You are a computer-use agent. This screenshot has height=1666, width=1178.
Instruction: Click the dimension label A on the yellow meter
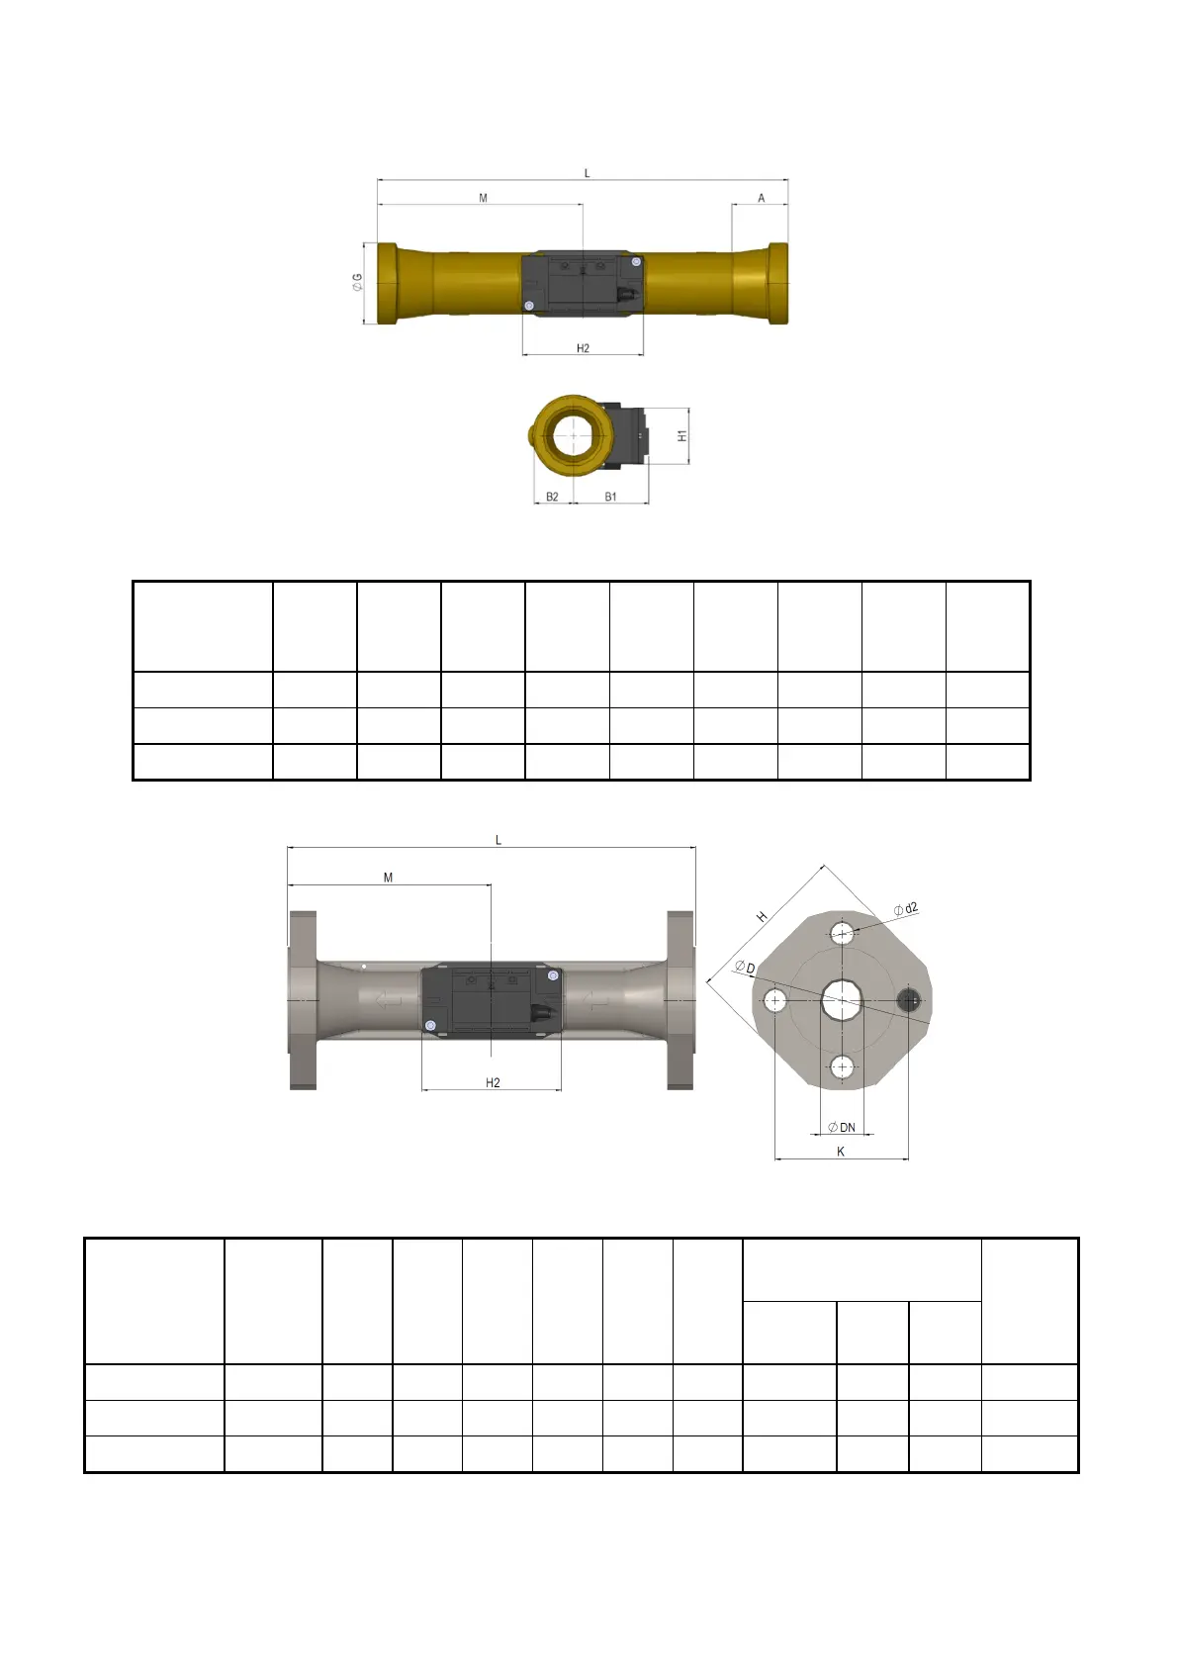click(761, 198)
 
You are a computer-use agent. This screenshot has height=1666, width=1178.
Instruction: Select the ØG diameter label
click(358, 282)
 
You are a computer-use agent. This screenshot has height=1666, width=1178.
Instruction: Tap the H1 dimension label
click(682, 436)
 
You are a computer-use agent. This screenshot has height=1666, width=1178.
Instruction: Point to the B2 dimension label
click(552, 497)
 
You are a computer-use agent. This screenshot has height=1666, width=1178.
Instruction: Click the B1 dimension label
click(610, 497)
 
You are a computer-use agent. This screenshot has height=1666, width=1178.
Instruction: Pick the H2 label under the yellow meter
click(583, 348)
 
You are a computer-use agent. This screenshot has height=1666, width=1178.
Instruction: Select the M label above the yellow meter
click(483, 198)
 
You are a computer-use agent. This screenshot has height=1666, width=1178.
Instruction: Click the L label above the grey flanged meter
click(498, 840)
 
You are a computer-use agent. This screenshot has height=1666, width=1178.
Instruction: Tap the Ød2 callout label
click(906, 909)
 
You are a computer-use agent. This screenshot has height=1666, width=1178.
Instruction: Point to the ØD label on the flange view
click(745, 967)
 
